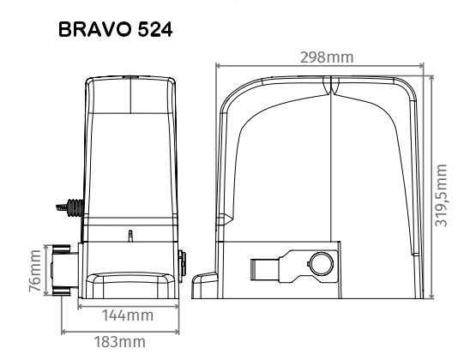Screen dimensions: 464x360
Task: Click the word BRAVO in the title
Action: [x=95, y=29]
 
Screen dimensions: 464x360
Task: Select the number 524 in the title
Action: [x=155, y=29]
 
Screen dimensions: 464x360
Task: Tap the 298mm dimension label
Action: [x=327, y=57]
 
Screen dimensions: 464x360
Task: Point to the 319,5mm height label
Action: [x=441, y=195]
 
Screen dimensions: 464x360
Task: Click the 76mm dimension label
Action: [x=35, y=270]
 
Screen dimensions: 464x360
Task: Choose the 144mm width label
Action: [x=128, y=315]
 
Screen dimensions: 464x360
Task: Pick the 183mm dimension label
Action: [x=120, y=342]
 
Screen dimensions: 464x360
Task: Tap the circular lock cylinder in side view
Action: [x=321, y=263]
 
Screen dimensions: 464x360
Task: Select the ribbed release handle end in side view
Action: [x=254, y=269]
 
